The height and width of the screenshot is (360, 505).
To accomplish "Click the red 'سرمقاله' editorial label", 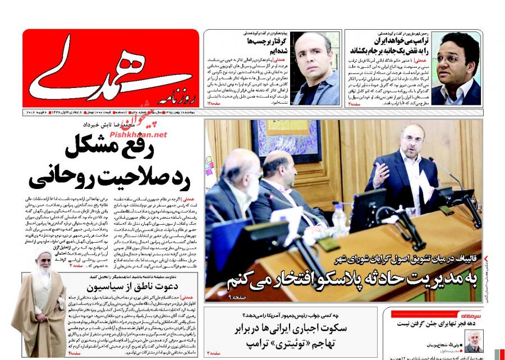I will (x=467, y=316).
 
